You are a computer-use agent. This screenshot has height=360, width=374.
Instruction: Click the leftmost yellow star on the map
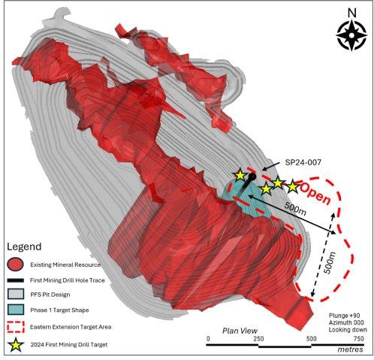(240, 176)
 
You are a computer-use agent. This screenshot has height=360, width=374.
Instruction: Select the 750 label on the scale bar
(358, 339)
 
